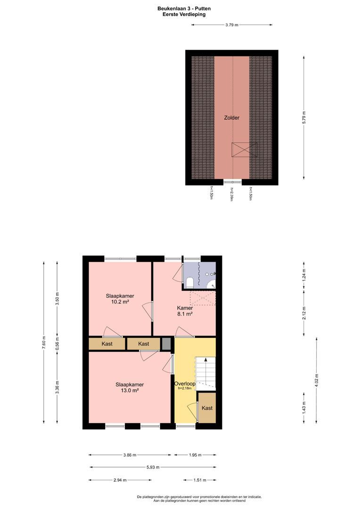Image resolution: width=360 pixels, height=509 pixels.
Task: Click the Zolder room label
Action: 231,118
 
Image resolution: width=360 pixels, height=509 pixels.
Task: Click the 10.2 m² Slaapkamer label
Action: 116,299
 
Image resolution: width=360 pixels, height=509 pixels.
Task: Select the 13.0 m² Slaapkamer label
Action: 130,387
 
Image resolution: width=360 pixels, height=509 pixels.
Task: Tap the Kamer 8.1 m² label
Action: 185,311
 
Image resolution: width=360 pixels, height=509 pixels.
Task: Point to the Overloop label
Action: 184,384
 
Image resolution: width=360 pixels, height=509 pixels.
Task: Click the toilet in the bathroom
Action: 189,282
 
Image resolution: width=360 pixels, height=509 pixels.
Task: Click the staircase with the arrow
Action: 205,372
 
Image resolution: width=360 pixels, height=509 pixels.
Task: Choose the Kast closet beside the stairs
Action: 207,408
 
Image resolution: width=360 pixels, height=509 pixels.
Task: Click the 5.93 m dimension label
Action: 153,468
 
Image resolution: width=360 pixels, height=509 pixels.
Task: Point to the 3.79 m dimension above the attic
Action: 232,25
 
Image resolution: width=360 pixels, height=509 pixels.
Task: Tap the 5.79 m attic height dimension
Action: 304,116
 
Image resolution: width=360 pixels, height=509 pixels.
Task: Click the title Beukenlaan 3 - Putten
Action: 180,8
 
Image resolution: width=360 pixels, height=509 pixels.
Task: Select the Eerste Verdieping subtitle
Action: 180,15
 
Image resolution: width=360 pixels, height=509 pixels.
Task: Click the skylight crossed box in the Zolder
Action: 245,149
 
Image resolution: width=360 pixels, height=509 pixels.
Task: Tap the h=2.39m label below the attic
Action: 232,194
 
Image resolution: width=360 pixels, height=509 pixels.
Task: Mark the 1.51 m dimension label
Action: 200,480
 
